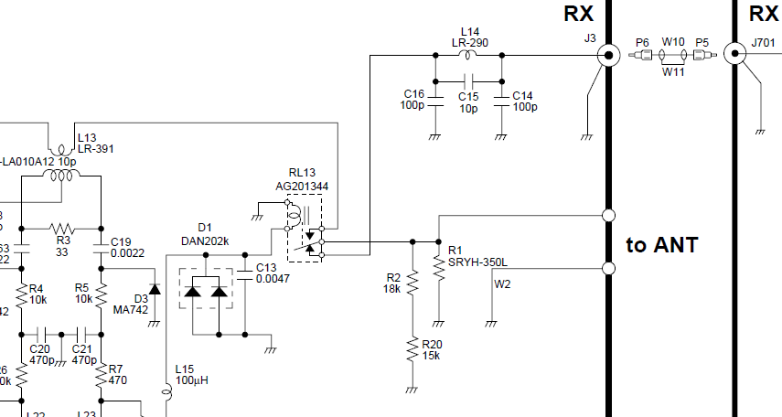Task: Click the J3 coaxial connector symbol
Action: point(605,56)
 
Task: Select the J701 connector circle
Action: point(734,54)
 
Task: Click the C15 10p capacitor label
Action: point(468,102)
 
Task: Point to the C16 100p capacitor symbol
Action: point(436,95)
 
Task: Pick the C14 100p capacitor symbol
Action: point(500,95)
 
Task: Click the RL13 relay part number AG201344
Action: point(302,187)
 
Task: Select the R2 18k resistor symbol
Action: point(412,283)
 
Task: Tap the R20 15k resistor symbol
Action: point(412,349)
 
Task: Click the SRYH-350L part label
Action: point(477,262)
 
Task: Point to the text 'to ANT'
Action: point(662,245)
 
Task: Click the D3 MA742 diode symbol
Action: point(154,290)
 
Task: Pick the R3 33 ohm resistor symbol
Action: point(62,229)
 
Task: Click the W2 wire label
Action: point(502,283)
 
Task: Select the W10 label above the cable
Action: point(673,42)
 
